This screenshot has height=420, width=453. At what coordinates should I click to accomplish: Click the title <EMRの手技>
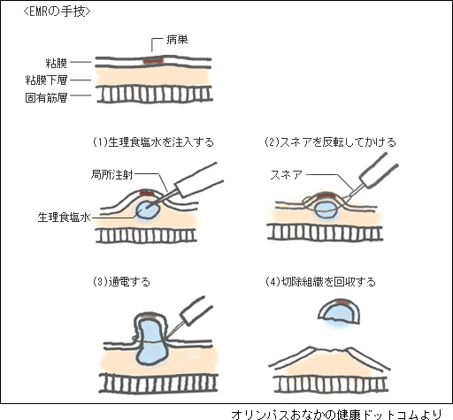tap(57, 11)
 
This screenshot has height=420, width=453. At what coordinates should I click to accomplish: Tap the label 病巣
tap(177, 40)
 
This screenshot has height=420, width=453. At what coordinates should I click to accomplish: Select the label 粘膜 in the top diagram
tap(57, 63)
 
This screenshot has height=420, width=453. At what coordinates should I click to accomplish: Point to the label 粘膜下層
tap(46, 80)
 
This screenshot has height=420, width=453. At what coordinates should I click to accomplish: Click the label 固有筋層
tap(46, 97)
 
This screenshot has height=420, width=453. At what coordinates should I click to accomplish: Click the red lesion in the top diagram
tap(153, 61)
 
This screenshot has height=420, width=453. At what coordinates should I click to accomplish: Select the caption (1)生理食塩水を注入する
tap(153, 142)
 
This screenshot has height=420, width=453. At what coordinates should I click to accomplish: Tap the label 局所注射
tap(112, 175)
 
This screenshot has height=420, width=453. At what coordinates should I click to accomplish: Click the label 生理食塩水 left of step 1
tap(64, 218)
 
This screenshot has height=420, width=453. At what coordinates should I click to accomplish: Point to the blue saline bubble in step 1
tap(148, 210)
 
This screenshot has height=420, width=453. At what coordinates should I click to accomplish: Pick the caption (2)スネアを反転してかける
tap(330, 142)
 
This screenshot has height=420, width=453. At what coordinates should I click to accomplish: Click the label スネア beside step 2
tap(287, 175)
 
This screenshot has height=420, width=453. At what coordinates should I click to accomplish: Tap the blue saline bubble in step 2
tap(326, 210)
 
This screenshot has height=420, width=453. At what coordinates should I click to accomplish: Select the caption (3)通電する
tap(121, 282)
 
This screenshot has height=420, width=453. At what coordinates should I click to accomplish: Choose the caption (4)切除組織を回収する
tap(320, 282)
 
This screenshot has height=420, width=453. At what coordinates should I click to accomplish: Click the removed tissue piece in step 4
tap(339, 312)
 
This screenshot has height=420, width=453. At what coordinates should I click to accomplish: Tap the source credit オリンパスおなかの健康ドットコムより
tap(337, 414)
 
